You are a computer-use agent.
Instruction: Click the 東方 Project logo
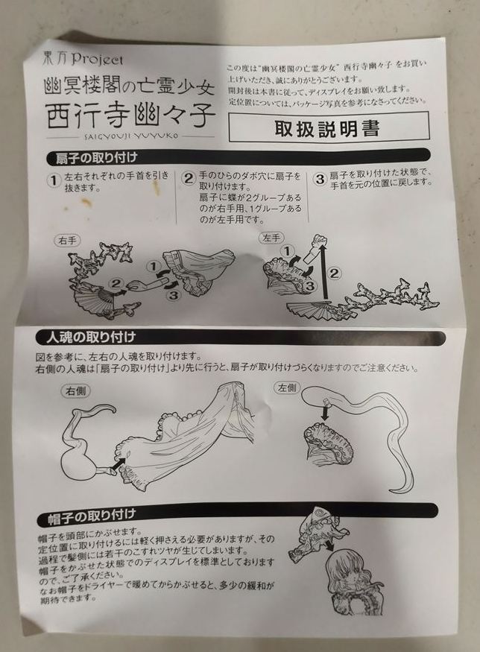pyautogui.click(x=83, y=59)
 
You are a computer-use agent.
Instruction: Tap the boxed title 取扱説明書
pyautogui.click(x=327, y=128)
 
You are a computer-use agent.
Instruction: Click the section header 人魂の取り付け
pyautogui.click(x=92, y=337)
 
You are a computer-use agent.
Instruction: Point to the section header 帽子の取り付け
pyautogui.click(x=92, y=516)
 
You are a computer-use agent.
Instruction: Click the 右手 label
pyautogui.click(x=67, y=241)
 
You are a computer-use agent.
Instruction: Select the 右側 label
pyautogui.click(x=75, y=391)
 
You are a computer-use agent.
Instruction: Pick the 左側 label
pyautogui.click(x=288, y=388)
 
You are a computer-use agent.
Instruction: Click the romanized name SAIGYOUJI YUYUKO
pyautogui.click(x=131, y=136)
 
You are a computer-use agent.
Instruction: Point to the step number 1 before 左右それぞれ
pyautogui.click(x=53, y=181)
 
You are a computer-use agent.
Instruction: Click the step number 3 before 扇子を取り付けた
pyautogui.click(x=320, y=179)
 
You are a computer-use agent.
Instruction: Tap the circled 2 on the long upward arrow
pyautogui.click(x=335, y=273)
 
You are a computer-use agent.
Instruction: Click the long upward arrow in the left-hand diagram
pyautogui.click(x=325, y=272)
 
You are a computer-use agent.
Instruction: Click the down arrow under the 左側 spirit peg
pyautogui.click(x=325, y=413)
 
